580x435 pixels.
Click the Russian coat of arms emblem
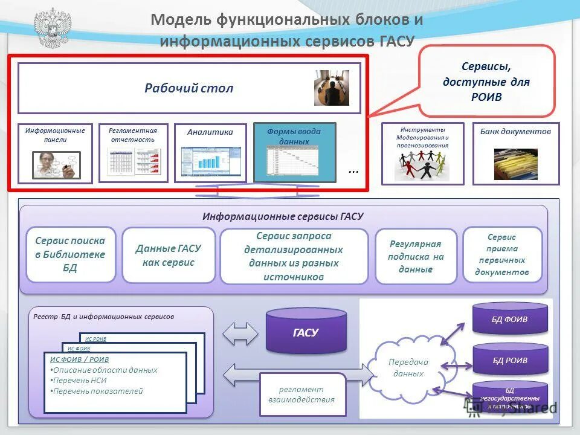[x=52, y=28]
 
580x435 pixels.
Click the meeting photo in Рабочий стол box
[x=331, y=88]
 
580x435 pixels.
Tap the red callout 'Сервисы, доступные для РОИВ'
[x=486, y=81]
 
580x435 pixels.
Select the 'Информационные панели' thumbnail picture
[x=56, y=164]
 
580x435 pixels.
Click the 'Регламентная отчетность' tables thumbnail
[x=134, y=162]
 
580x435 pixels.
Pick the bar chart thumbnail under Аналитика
[x=211, y=161]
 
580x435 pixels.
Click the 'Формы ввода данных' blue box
[x=294, y=152]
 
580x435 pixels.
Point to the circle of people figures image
[x=422, y=164]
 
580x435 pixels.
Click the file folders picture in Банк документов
[x=515, y=164]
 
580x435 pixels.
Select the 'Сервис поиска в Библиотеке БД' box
[x=70, y=254]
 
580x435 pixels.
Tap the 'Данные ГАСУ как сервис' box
[x=169, y=255]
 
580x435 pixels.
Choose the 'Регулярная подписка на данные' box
[x=416, y=256]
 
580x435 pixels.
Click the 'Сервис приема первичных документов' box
[x=502, y=254]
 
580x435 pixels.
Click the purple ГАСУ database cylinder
[x=306, y=331]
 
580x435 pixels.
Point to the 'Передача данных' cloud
[x=408, y=367]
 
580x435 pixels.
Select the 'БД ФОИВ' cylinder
[x=510, y=319]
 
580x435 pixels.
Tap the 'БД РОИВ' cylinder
[x=510, y=360]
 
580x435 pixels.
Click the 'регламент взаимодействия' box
[x=302, y=395]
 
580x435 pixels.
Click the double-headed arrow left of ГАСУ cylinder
[x=240, y=333]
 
